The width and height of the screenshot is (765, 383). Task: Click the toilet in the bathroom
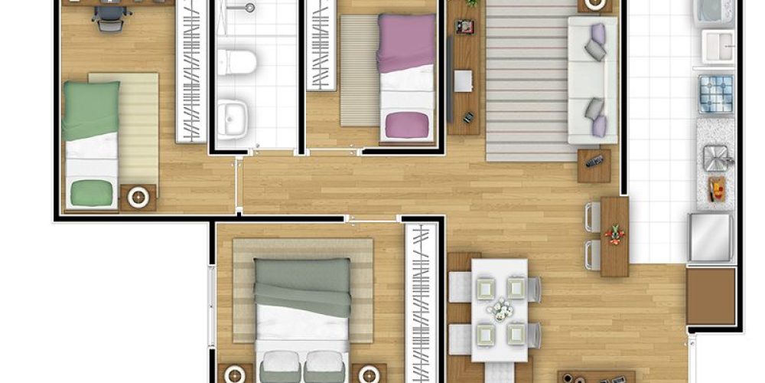coord(236,61)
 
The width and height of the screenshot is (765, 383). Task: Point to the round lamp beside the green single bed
coord(138,197)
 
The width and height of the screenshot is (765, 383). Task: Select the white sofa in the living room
coord(591,80)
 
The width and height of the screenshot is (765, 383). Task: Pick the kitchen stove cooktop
coord(715,93)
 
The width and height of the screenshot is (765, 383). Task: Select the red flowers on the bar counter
coord(614,232)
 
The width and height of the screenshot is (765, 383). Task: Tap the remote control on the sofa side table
coord(594,161)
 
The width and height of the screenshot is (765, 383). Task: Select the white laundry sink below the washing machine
coord(718,47)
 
